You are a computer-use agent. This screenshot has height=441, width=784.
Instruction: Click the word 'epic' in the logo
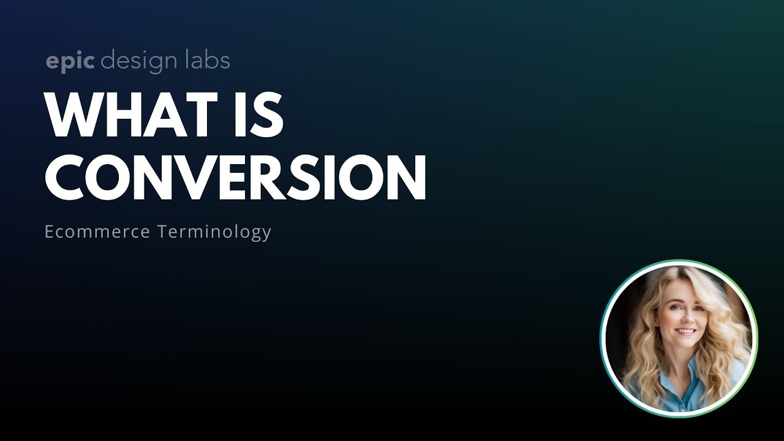tap(70, 62)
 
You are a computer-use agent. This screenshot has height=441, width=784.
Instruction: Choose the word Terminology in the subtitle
tap(214, 233)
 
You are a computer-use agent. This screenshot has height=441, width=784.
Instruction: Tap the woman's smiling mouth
tap(684, 331)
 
